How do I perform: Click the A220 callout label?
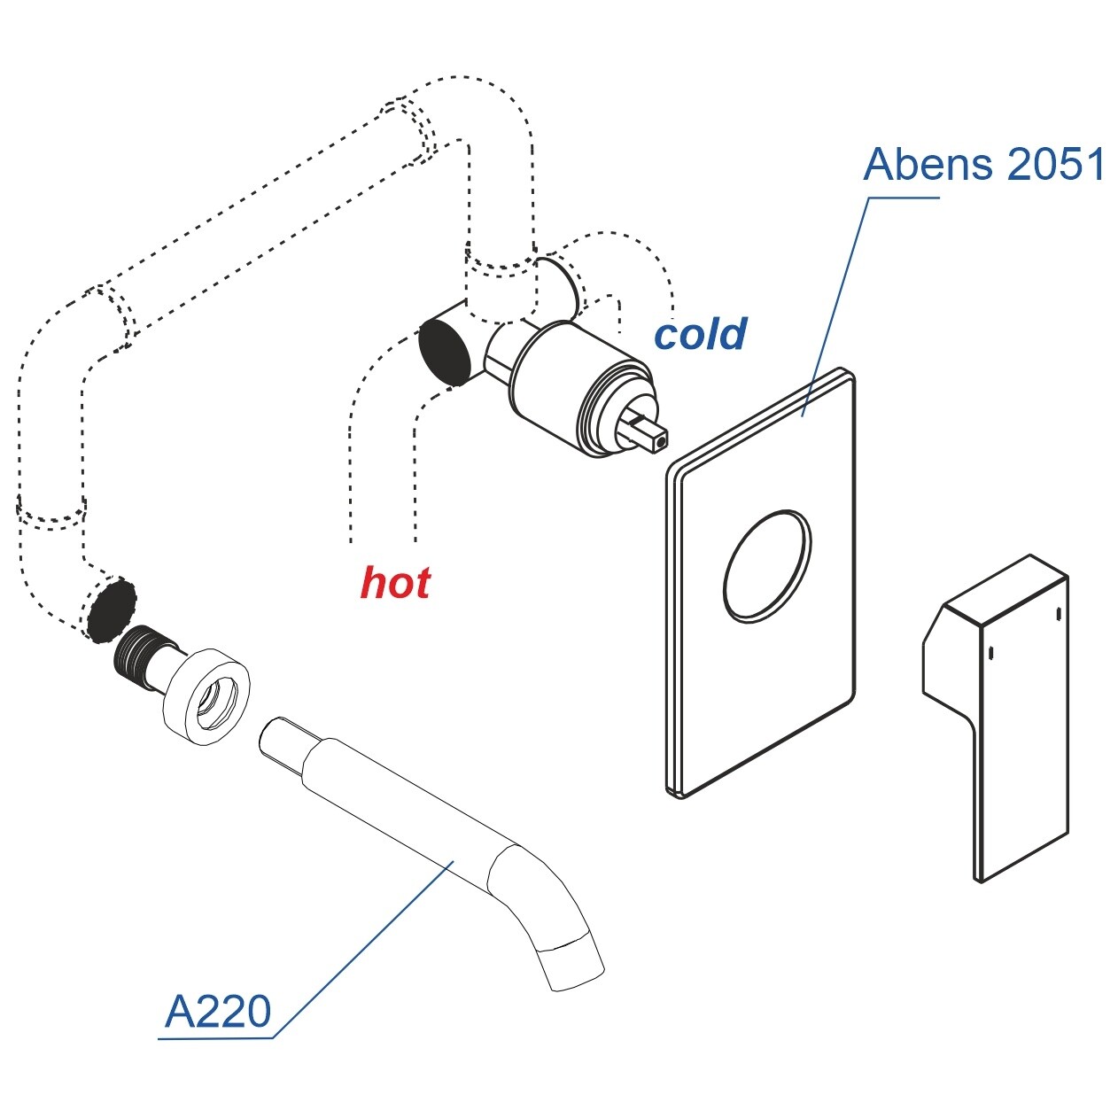[x=218, y=1012]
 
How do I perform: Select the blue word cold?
[x=700, y=334]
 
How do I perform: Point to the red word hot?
[x=395, y=583]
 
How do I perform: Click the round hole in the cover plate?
[x=767, y=565]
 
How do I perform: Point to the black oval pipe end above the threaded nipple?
[x=112, y=609]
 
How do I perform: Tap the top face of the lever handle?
[x=1005, y=589]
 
